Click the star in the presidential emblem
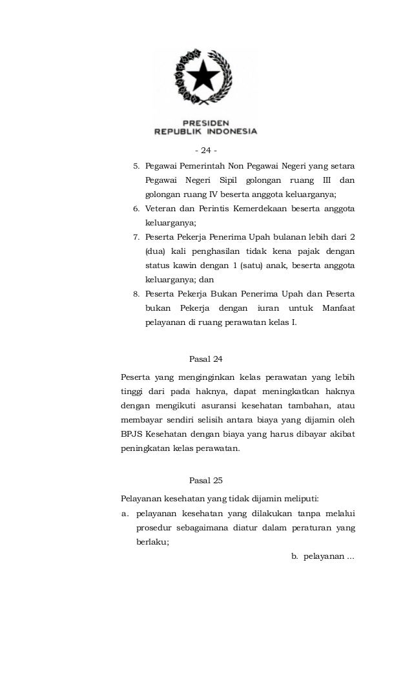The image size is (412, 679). tap(204, 76)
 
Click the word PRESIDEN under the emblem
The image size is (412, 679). tap(205, 122)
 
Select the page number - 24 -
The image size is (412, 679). tap(205, 151)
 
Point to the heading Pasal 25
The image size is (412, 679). tap(205, 481)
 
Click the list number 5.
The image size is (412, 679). tap(136, 166)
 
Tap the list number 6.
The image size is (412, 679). tap(136, 209)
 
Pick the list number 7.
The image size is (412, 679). tap(136, 237)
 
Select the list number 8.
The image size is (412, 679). tap(136, 294)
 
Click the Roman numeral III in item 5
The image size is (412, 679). tap(326, 180)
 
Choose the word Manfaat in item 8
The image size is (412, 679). tap(338, 308)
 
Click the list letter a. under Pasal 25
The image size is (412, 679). tap(125, 514)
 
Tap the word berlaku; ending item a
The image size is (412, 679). tap(152, 543)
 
